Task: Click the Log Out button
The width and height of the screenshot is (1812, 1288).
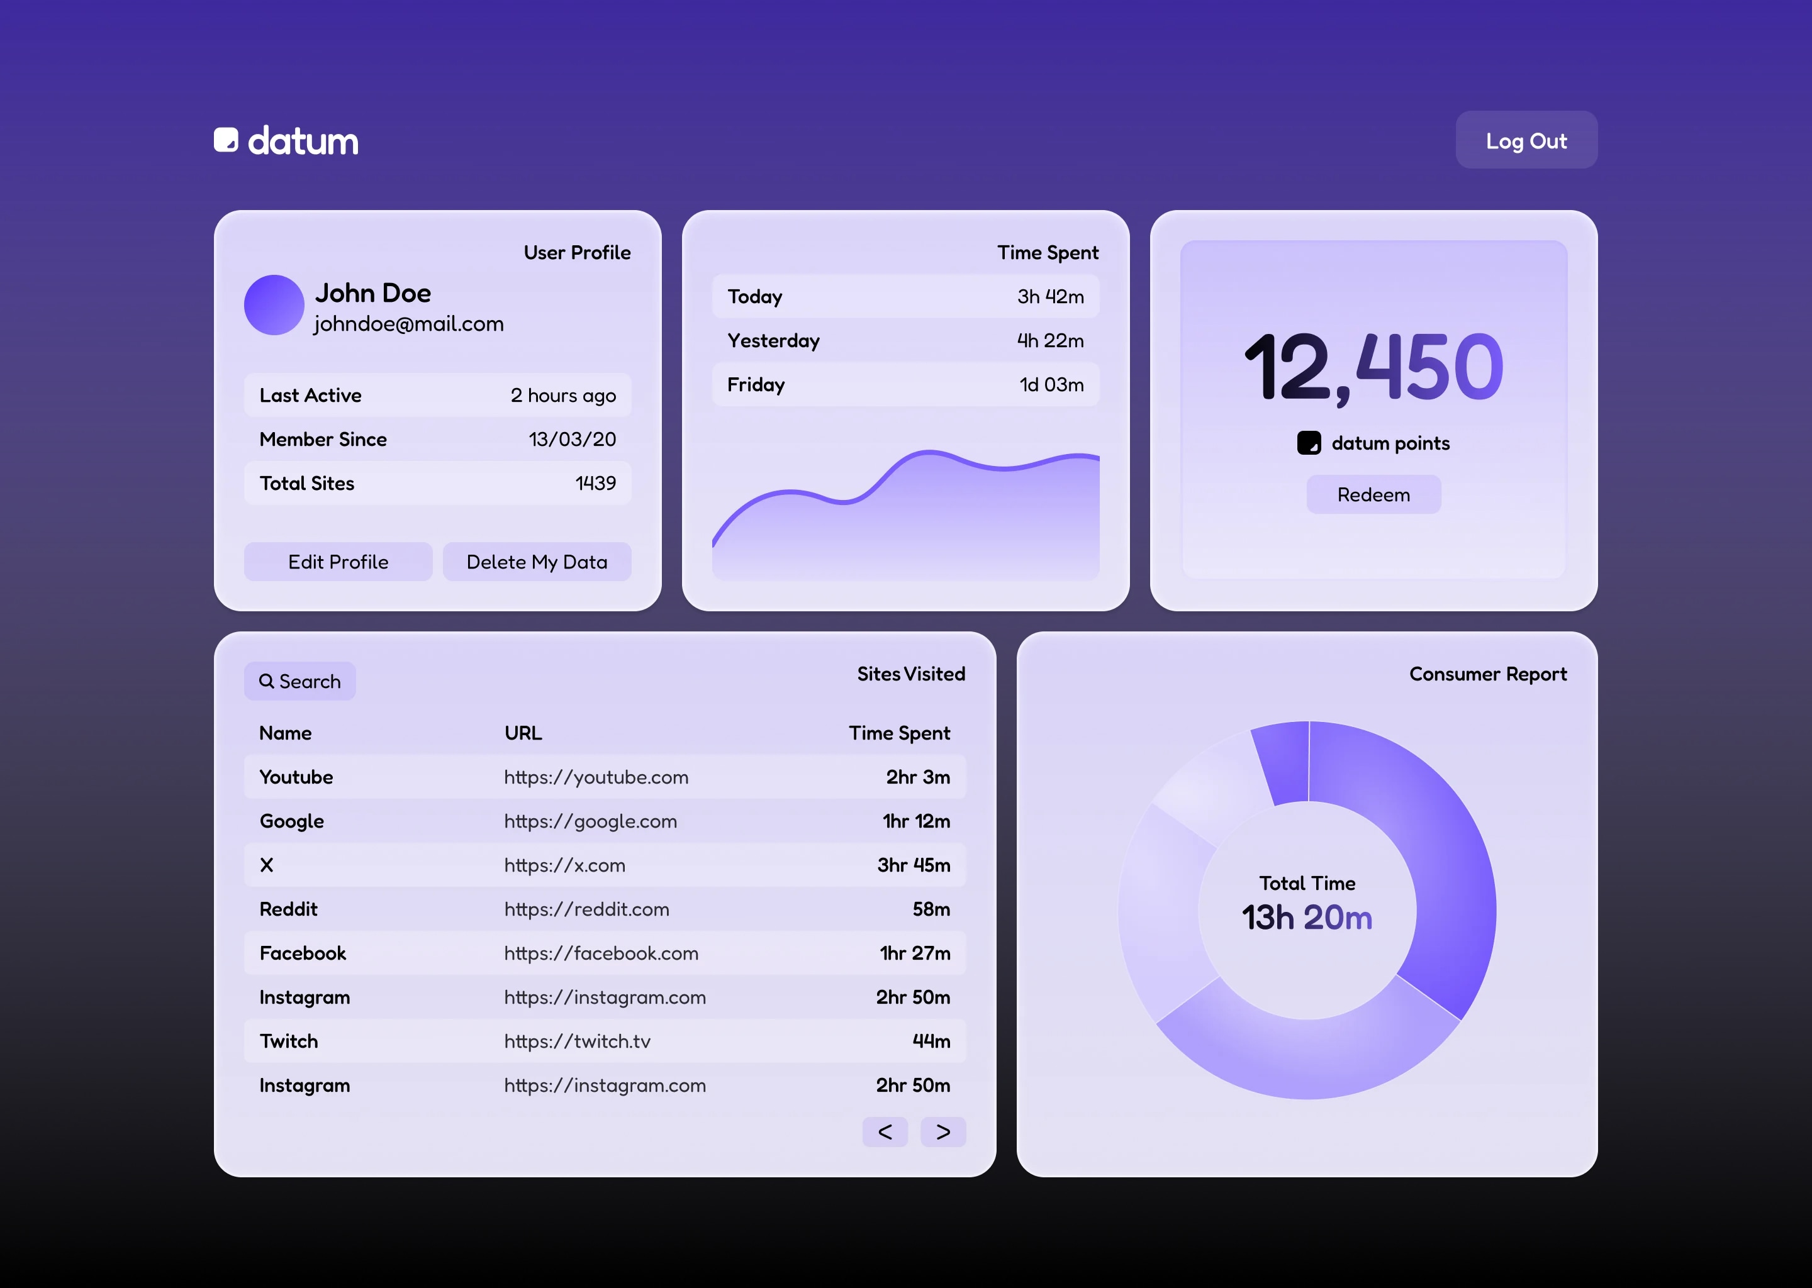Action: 1526,140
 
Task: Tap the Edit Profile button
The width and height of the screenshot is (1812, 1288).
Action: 338,562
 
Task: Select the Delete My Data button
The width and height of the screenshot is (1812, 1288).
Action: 536,562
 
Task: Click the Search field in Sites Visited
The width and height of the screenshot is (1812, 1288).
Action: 300,681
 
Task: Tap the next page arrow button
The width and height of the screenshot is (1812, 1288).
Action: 942,1132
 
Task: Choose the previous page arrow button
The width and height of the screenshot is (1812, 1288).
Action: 885,1132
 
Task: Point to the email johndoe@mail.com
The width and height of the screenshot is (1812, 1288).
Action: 408,324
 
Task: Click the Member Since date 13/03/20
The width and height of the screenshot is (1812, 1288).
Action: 572,440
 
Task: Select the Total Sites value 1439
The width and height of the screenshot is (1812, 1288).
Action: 595,483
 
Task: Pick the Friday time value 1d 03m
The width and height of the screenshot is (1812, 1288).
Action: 1051,385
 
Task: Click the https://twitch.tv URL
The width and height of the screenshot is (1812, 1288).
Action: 577,1041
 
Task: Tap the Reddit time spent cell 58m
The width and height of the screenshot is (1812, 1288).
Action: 931,909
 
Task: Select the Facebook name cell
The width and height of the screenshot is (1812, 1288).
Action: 303,953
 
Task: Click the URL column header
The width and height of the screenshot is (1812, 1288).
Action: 523,733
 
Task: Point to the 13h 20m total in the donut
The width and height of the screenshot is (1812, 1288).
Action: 1307,918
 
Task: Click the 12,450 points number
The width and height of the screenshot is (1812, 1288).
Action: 1373,367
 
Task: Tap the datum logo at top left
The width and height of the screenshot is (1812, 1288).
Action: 286,141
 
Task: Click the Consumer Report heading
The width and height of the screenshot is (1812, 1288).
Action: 1487,674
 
